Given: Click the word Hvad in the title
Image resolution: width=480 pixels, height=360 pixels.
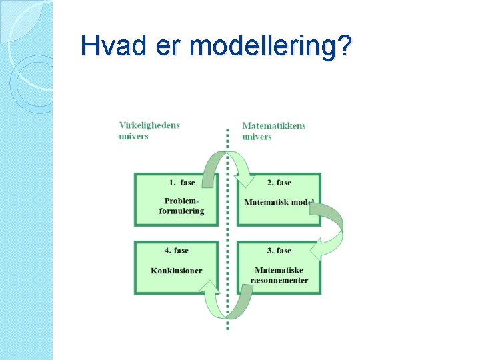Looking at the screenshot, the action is click(x=107, y=46).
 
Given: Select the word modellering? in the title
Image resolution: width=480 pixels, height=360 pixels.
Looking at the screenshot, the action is click(x=270, y=47).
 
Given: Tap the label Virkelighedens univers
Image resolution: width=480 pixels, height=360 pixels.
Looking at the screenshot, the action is click(x=149, y=131).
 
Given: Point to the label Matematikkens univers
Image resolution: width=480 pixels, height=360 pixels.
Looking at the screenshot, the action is click(x=274, y=131).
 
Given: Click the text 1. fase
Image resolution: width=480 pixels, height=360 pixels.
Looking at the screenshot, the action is click(x=182, y=183).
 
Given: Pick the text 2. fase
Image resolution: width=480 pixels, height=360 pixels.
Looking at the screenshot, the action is click(x=279, y=183).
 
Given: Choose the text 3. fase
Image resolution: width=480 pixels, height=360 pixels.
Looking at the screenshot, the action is click(x=279, y=251).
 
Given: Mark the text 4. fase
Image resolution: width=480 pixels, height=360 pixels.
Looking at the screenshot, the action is click(x=177, y=251).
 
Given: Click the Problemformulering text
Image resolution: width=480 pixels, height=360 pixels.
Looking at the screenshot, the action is click(x=181, y=206).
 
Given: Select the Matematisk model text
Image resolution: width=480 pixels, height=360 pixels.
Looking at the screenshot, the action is click(x=279, y=203).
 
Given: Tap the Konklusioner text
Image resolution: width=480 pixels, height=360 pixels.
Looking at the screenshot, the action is click(x=177, y=271).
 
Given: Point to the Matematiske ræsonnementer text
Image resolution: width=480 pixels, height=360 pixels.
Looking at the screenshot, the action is click(x=280, y=275).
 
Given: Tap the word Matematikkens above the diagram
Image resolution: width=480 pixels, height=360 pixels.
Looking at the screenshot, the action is click(x=274, y=125).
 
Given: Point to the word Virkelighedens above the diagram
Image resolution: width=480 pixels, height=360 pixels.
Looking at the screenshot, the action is click(x=149, y=125).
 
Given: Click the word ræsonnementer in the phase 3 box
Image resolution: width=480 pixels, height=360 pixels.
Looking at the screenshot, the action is click(x=280, y=281).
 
